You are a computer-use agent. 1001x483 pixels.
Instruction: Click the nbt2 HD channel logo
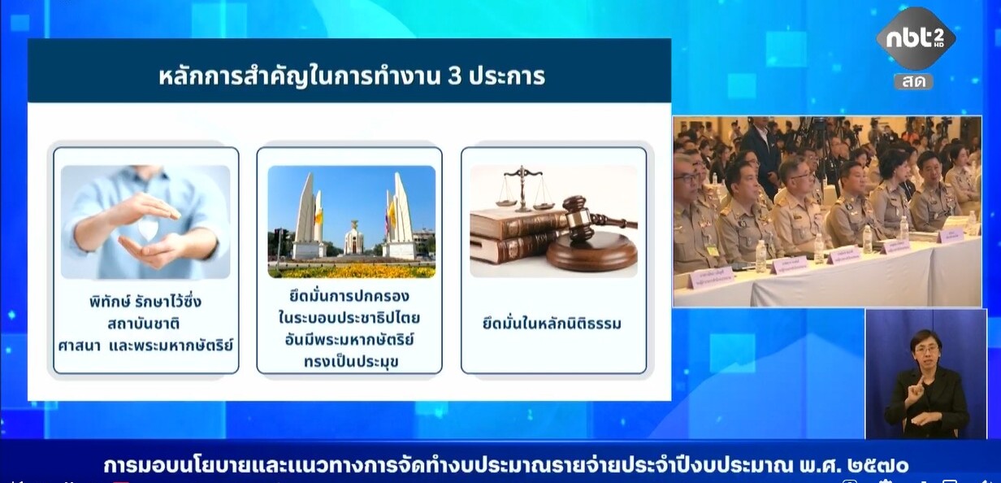point(916,39)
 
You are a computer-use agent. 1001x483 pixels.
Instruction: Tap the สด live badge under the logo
point(914,82)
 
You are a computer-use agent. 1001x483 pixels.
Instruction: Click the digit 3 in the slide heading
point(454,76)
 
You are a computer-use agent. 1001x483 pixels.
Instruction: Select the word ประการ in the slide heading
point(507,76)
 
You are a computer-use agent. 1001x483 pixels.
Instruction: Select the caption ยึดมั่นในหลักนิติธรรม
point(552,323)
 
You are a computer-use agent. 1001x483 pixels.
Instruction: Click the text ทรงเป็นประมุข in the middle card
point(351,362)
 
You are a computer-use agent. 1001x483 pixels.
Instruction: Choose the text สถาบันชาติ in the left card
point(144,324)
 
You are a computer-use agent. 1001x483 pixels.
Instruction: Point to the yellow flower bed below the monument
point(352,270)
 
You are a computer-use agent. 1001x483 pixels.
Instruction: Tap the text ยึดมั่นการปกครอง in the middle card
point(349,296)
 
